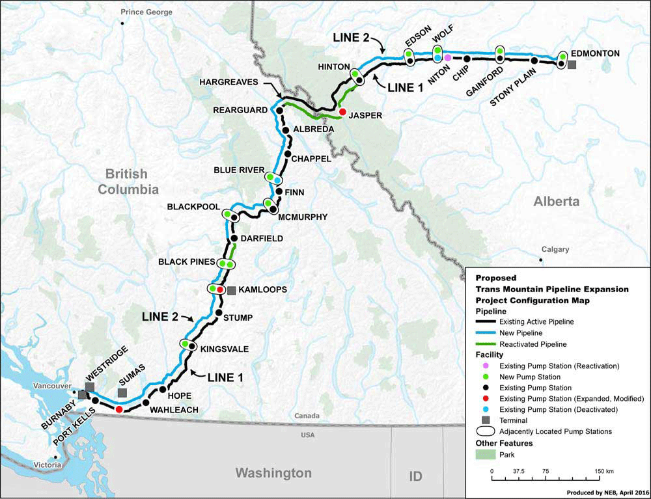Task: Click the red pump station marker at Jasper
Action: (x=342, y=112)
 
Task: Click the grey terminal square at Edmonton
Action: (x=572, y=65)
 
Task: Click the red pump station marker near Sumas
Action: (x=119, y=409)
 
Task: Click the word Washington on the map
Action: (x=273, y=472)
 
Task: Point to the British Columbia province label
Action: (x=128, y=182)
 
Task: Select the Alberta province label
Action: (x=556, y=202)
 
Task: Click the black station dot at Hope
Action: (x=163, y=389)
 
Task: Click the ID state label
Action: (x=415, y=476)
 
